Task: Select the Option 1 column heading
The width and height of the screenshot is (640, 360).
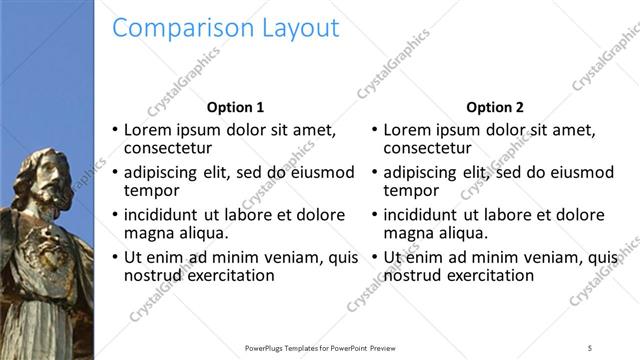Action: coord(235,107)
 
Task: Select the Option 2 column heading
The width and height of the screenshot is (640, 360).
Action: coord(494,107)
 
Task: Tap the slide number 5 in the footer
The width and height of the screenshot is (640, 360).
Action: coord(590,347)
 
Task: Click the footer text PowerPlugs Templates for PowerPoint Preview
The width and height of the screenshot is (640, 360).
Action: coord(319,347)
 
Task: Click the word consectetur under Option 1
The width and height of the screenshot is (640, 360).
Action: coord(169,149)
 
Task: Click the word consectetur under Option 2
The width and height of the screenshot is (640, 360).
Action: coord(430,149)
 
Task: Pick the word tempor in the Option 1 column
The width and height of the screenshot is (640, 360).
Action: coord(151,191)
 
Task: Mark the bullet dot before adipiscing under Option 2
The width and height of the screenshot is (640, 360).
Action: coord(375,172)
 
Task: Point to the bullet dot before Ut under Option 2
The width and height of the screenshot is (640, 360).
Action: coord(375,257)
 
